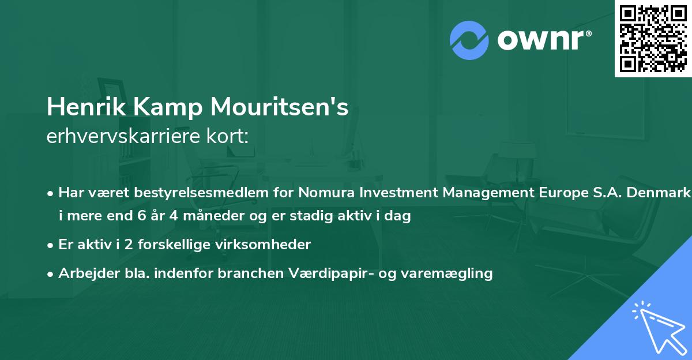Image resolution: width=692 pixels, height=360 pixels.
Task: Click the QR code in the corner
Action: [653, 38]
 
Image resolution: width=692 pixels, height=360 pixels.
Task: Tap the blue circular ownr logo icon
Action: [469, 40]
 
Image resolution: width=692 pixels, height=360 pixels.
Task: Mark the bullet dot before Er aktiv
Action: [51, 245]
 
